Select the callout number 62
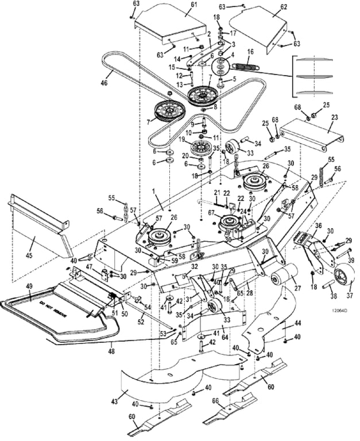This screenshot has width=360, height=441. point(283,7)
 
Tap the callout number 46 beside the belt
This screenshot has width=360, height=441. point(104,83)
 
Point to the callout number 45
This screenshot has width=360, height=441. point(35,241)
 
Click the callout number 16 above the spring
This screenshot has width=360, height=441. point(249,51)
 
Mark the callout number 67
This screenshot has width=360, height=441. point(211,212)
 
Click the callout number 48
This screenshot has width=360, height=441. point(111,346)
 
